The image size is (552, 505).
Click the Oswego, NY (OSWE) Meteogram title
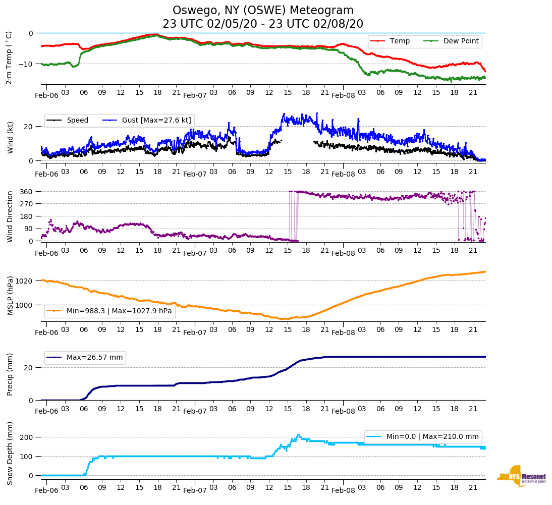coord(263,11)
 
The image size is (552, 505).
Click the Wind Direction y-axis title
coord(9,216)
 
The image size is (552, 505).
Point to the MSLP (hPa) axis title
coord(9,296)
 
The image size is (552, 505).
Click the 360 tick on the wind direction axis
coord(27,192)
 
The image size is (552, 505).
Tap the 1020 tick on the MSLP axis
coord(25,280)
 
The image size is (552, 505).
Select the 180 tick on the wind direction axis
coord(27,216)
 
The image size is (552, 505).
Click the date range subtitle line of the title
coord(263,24)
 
